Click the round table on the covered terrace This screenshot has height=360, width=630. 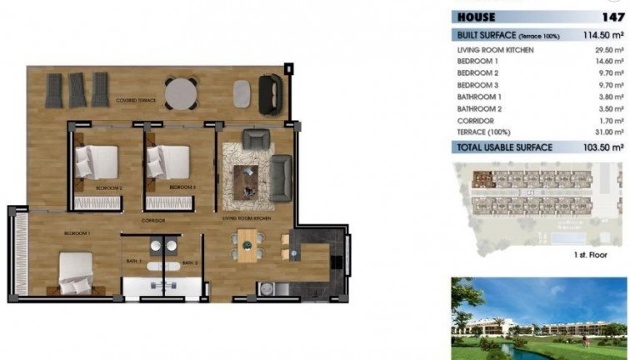tap(182, 92)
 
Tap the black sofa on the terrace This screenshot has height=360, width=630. tap(270, 93)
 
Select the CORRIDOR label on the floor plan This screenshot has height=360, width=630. tap(152, 220)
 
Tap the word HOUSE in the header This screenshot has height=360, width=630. tap(477, 17)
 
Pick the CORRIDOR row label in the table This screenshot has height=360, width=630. tap(476, 120)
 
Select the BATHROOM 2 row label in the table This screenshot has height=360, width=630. tap(480, 108)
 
